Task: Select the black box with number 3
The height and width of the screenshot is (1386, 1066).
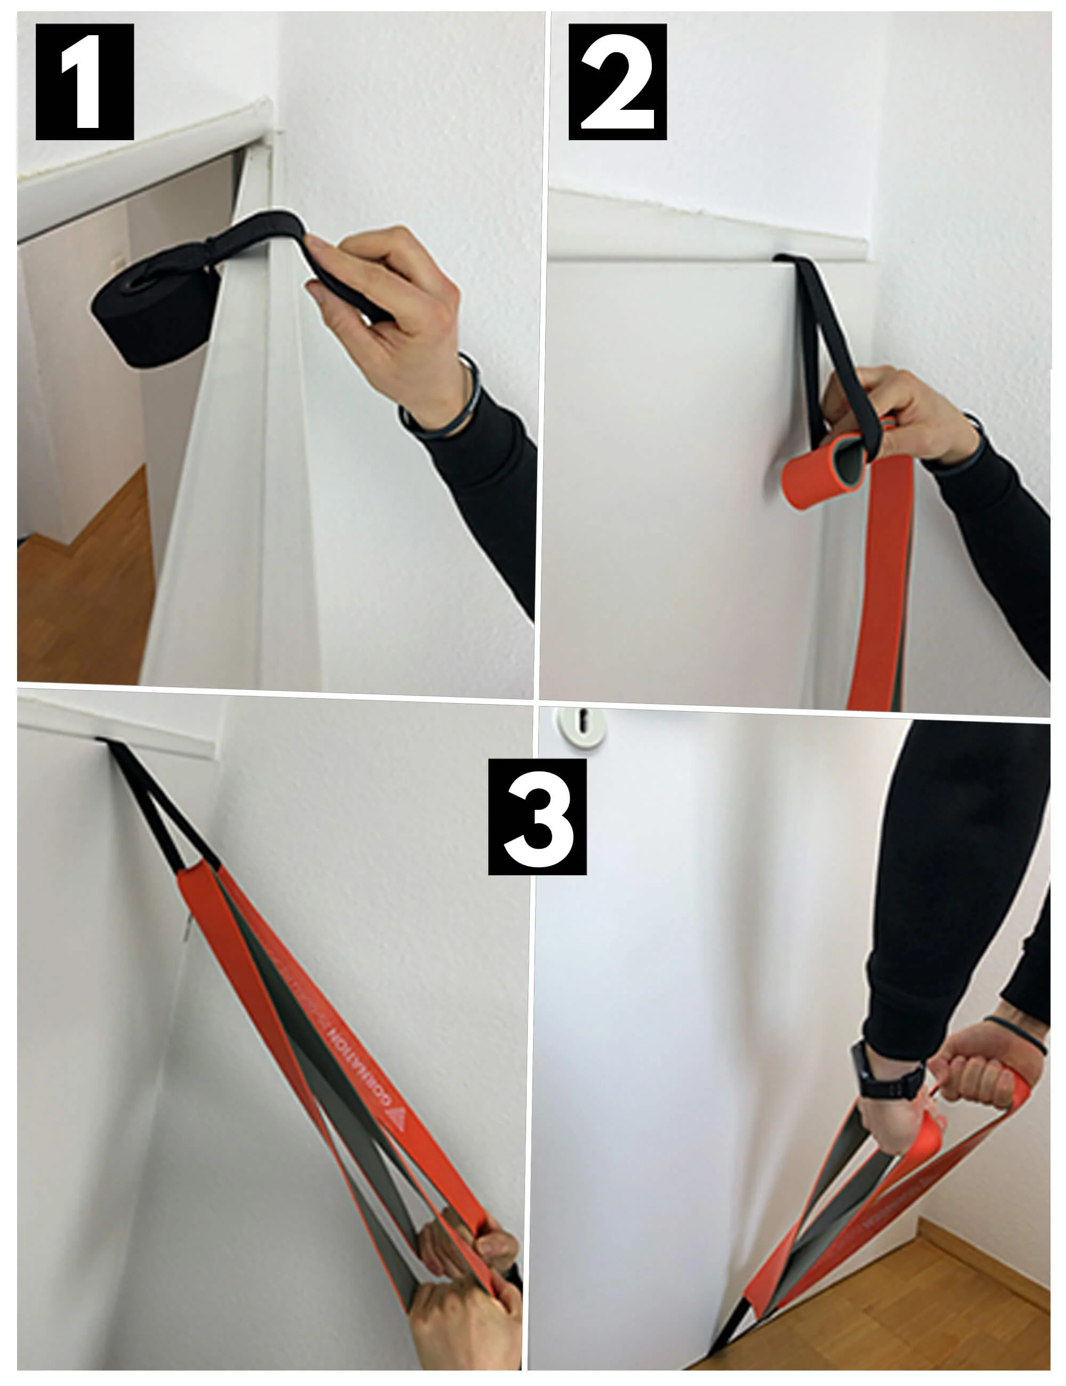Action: pos(537,817)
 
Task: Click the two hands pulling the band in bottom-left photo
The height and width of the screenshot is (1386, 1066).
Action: pos(470,1282)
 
